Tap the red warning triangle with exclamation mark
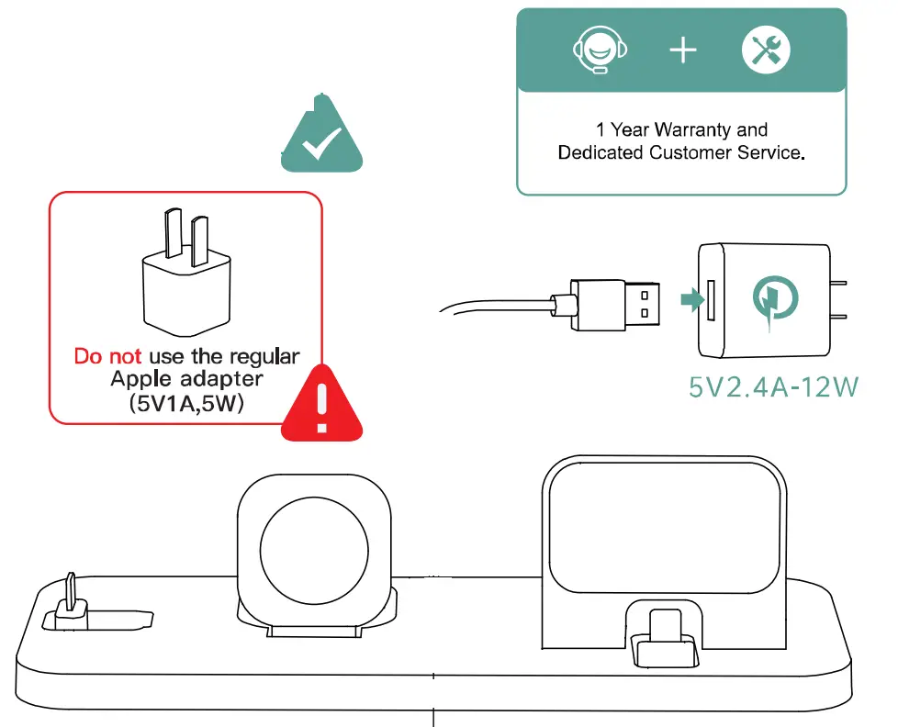coord(320,404)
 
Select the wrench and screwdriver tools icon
coord(765,50)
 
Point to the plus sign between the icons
coord(682,50)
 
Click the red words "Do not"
coord(107,356)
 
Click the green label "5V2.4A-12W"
coord(773,387)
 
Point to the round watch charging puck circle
coord(315,542)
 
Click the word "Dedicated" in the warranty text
coord(601,152)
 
